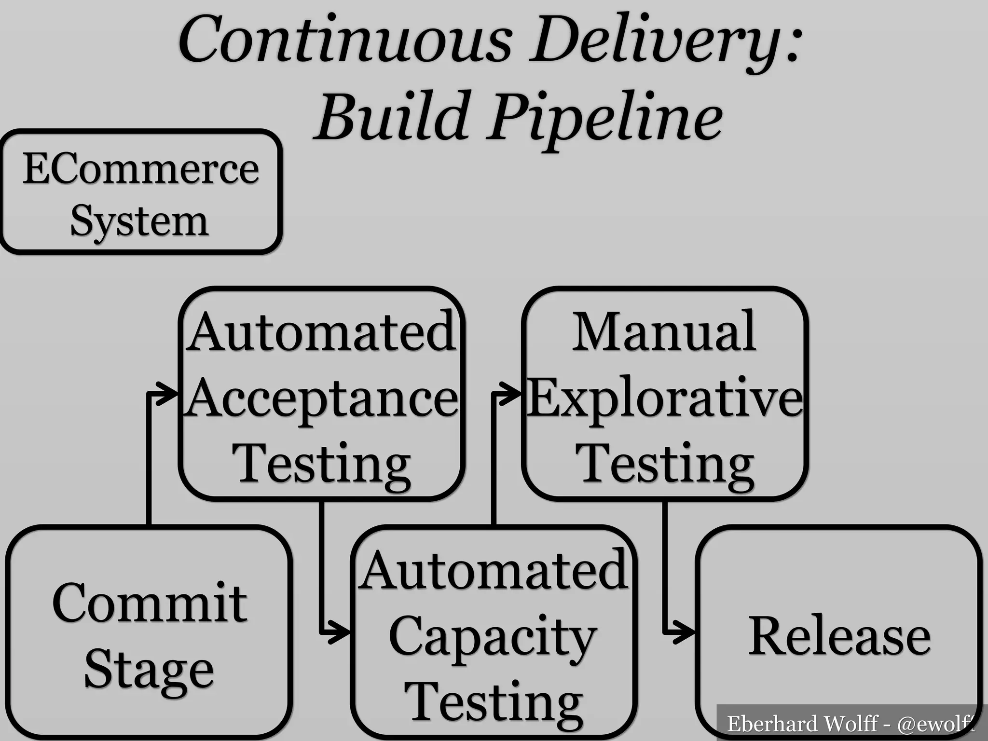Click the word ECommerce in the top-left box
pos(141,169)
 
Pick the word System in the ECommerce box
pos(140,221)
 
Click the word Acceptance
pos(322,398)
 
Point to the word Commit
pos(150,603)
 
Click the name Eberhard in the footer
pos(762,724)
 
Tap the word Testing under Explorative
pos(665,464)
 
